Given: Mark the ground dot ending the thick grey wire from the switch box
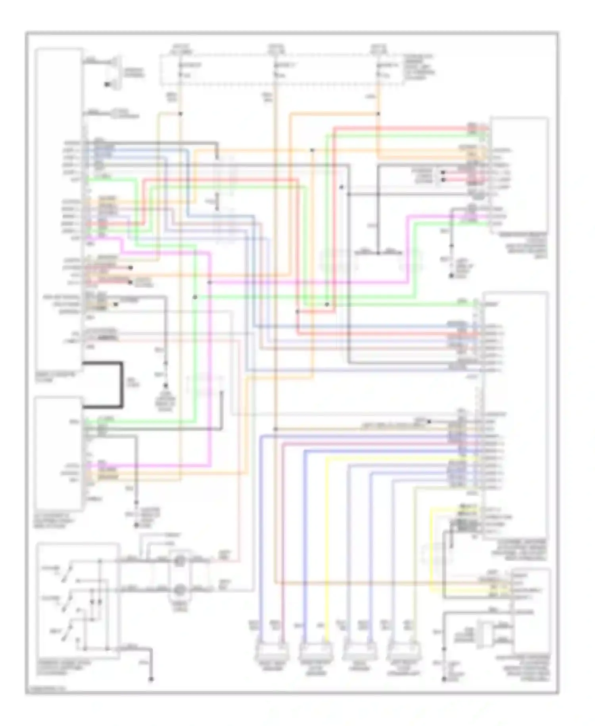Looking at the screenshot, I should [151, 680].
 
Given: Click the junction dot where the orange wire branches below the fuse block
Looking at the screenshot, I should [378, 114].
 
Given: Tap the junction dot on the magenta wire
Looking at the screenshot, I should [209, 282].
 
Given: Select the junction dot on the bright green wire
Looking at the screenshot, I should [195, 297].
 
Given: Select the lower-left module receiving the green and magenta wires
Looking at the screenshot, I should [59, 453].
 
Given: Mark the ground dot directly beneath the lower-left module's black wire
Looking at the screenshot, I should [136, 525].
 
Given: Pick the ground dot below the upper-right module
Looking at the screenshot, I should [451, 275].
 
